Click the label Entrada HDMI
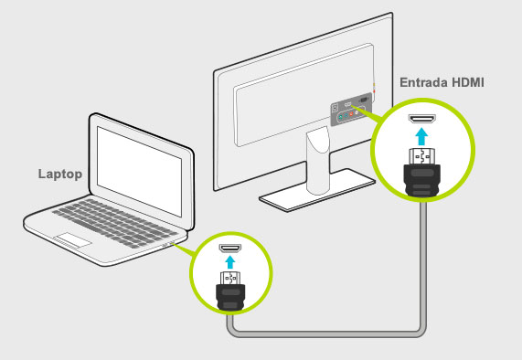point(442,82)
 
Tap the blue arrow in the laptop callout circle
point(229,260)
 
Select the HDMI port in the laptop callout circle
point(229,248)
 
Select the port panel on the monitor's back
point(351,109)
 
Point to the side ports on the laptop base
point(167,244)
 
